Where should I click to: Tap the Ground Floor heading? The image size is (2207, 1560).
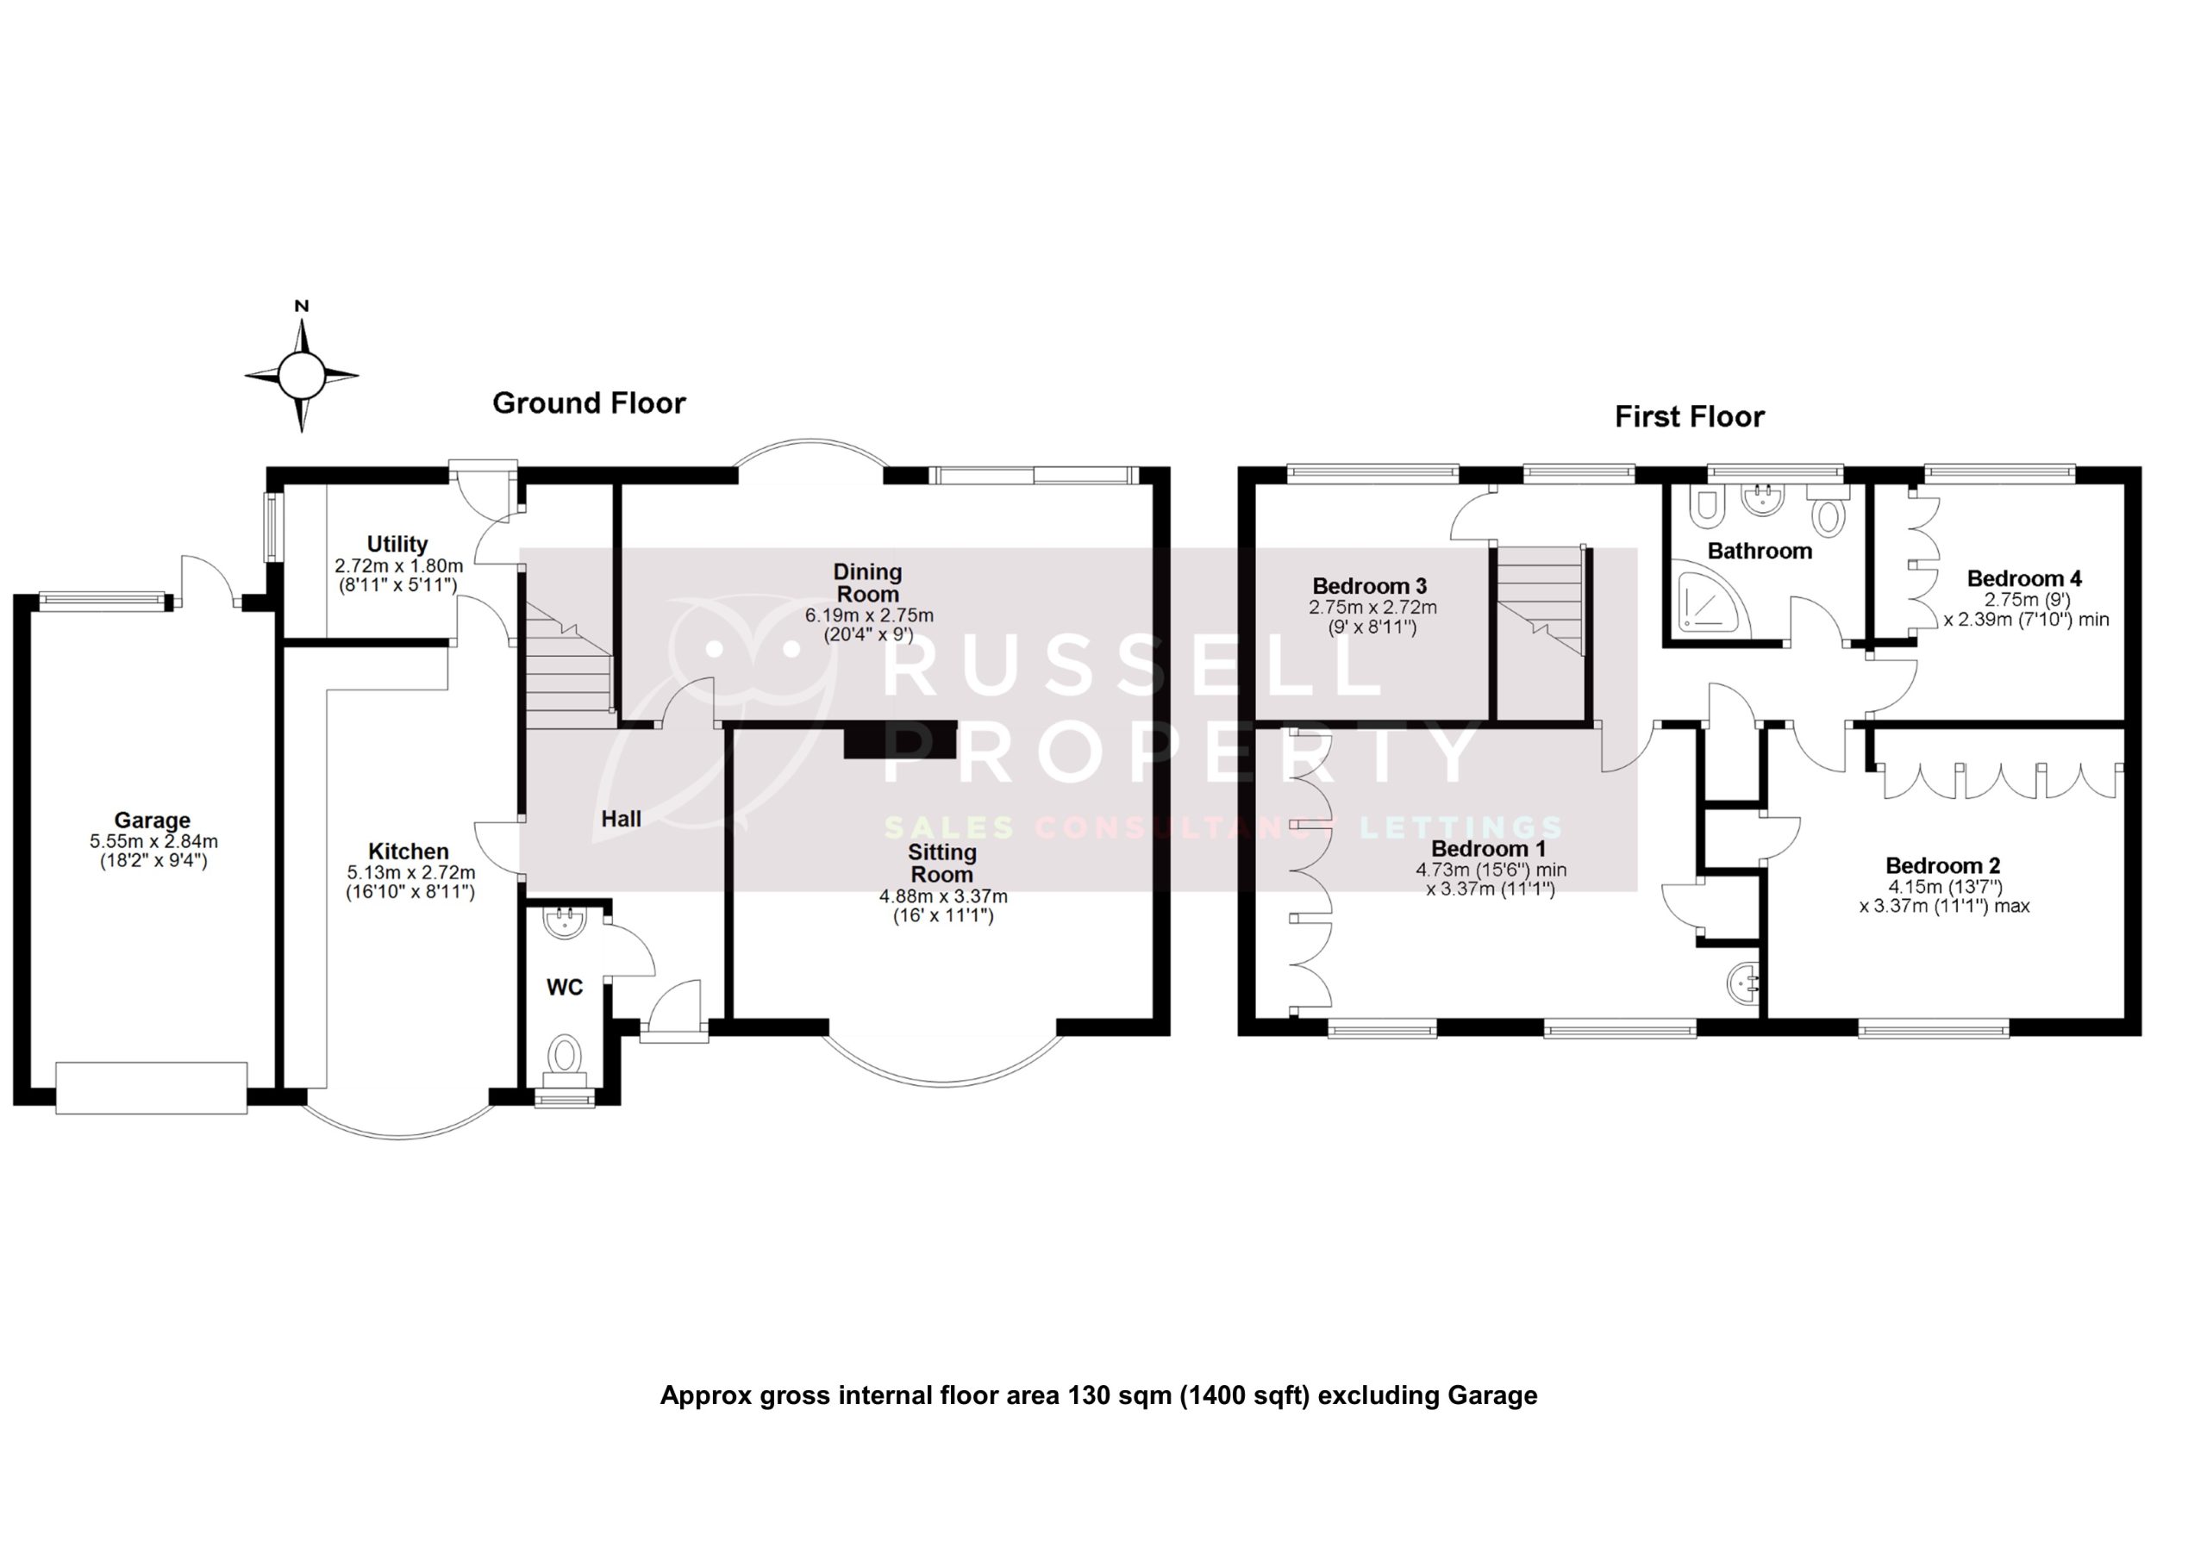click(x=588, y=402)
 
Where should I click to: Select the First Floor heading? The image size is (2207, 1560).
click(x=1689, y=416)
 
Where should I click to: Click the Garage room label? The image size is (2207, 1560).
click(x=152, y=820)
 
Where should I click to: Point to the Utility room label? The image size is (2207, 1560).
click(x=397, y=544)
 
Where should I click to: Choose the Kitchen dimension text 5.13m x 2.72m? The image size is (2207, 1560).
click(x=410, y=872)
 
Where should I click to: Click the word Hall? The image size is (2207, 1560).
click(x=621, y=819)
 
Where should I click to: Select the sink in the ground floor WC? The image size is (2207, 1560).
click(x=564, y=924)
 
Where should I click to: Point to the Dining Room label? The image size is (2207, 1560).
click(x=867, y=583)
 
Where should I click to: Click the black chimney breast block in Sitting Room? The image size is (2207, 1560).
click(x=900, y=739)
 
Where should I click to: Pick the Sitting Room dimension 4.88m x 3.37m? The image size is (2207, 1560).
click(x=943, y=895)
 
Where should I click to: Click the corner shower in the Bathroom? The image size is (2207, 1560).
click(x=1712, y=602)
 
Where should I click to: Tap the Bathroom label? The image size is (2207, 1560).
click(x=1759, y=551)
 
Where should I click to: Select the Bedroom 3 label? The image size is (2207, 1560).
click(x=1369, y=585)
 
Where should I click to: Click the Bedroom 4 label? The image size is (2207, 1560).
click(x=2023, y=577)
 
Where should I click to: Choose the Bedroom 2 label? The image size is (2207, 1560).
click(x=1941, y=865)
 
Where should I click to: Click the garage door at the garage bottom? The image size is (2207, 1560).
click(x=151, y=1088)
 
